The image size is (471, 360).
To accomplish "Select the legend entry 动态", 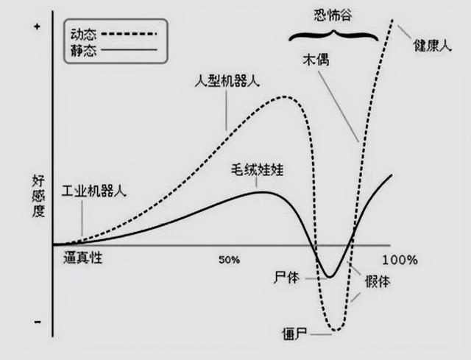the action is tap(84, 33).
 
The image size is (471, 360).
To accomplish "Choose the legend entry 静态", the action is tap(84, 50).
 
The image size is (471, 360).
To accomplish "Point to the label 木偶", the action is tap(314, 59).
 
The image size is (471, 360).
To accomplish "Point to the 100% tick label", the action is tap(400, 260).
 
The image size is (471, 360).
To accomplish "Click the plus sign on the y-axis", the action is tap(37, 27).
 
